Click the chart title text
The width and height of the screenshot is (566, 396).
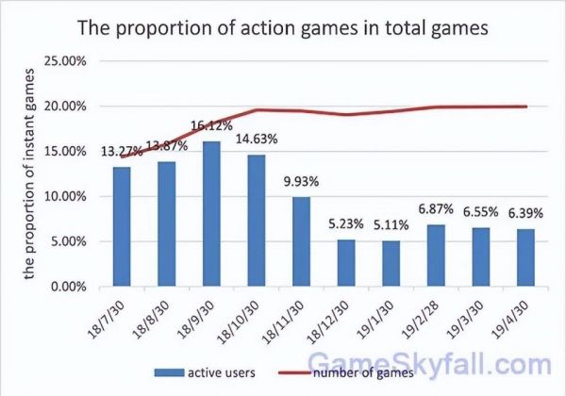click(283, 27)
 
